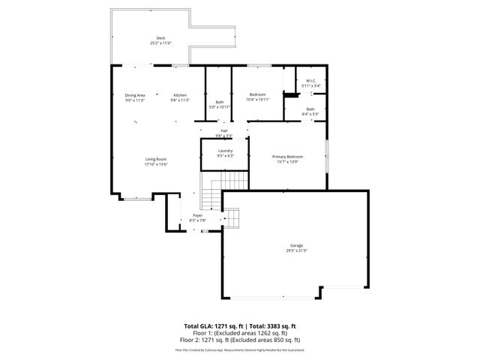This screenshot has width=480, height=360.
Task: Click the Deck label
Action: [160, 38]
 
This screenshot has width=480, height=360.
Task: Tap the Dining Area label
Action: [135, 95]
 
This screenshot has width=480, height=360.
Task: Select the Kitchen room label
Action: [180, 95]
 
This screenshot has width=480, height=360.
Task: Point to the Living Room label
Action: [156, 159]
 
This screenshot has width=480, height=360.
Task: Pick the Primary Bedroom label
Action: [287, 157]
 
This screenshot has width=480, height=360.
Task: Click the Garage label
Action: [297, 245]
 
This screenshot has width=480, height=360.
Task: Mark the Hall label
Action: [224, 130]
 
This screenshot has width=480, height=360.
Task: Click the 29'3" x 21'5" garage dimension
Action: [297, 250]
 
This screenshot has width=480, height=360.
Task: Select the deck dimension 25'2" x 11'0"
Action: [160, 43]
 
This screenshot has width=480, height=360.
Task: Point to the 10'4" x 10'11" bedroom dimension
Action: [257, 99]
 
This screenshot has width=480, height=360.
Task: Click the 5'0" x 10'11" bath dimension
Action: [220, 106]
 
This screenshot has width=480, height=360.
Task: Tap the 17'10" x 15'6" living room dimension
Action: [156, 164]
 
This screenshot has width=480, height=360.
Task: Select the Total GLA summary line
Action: [240, 325]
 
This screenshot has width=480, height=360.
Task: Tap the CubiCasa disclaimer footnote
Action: [240, 349]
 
